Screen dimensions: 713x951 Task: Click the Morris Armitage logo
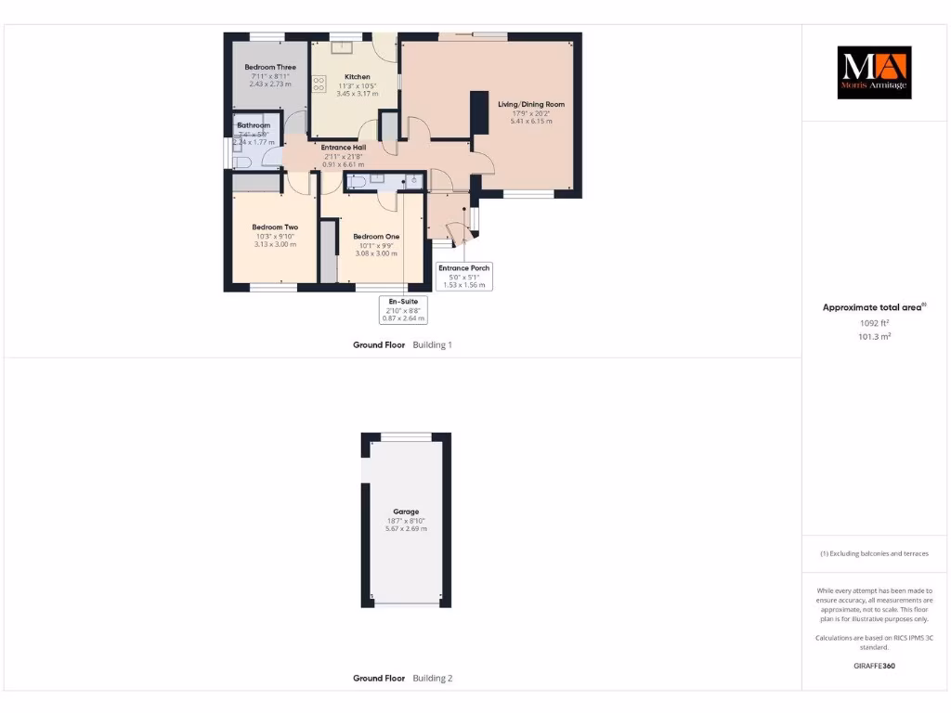(x=874, y=72)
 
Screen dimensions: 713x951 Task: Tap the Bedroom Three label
(x=270, y=68)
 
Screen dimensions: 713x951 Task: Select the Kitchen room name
(x=357, y=77)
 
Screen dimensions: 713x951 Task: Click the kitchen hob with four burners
(x=319, y=84)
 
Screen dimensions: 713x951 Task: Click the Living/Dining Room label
(x=531, y=105)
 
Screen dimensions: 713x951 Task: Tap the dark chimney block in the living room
(x=479, y=113)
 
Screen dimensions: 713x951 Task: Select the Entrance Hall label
(x=343, y=148)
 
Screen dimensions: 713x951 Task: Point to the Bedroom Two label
(x=275, y=227)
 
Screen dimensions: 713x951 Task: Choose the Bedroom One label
(x=376, y=237)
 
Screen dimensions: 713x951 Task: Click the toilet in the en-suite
(x=411, y=180)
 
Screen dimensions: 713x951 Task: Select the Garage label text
(x=406, y=512)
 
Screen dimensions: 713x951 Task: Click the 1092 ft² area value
(x=874, y=323)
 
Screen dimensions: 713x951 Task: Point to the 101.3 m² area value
(x=874, y=337)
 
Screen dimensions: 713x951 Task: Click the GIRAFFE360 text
(x=874, y=666)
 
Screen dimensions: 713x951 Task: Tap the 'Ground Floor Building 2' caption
(x=402, y=679)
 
